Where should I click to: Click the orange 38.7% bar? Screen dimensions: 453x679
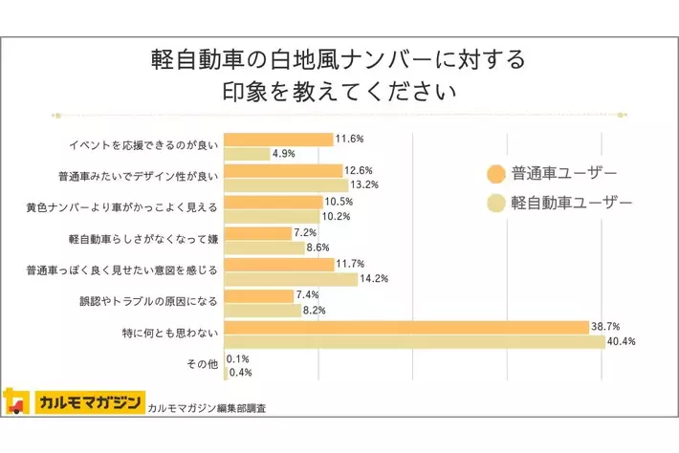tap(405, 327)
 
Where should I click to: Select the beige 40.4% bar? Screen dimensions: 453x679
tap(414, 341)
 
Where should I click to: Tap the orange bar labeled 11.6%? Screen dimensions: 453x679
tap(277, 140)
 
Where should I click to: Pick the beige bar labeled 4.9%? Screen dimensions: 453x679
tap(246, 153)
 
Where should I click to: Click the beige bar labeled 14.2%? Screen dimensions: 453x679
tap(291, 279)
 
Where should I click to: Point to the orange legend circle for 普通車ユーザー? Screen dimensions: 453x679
tap(495, 174)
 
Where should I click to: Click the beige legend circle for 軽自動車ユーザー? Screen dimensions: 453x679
tap(495, 203)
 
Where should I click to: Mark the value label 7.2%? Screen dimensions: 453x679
tap(306, 233)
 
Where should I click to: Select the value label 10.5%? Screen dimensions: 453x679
tap(339, 202)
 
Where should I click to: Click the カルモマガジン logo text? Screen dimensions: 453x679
tap(87, 401)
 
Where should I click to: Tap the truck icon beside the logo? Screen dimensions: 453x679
tap(16, 401)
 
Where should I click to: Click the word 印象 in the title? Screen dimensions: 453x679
tap(242, 95)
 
